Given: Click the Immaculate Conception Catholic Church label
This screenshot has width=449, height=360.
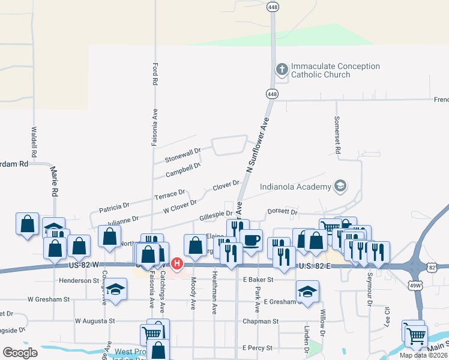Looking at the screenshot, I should click(x=335, y=70).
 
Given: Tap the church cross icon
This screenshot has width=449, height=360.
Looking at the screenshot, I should click(x=281, y=70).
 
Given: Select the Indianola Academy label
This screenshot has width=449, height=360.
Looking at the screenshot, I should click(x=295, y=186).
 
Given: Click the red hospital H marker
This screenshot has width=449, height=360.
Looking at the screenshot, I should click(x=176, y=263).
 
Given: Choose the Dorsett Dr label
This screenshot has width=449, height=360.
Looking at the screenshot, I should click(x=282, y=212).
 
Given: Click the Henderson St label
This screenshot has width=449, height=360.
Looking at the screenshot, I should click(x=79, y=280).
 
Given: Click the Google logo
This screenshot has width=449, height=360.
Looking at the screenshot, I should click(x=20, y=353).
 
